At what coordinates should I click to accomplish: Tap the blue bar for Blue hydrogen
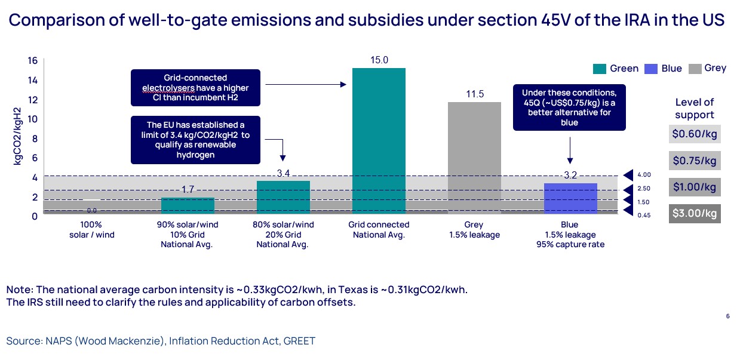click(570, 198)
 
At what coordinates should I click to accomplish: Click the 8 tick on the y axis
click(35, 139)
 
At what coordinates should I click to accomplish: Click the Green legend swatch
click(599, 69)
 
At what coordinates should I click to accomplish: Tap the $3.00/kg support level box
click(694, 213)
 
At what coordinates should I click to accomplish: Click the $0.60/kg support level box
click(694, 134)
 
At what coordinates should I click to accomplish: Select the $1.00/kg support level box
click(694, 187)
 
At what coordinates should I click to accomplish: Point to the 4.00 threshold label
click(644, 175)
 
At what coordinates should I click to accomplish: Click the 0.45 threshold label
click(644, 215)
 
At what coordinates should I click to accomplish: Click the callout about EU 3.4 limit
click(196, 140)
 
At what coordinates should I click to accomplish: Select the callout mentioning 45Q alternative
click(569, 107)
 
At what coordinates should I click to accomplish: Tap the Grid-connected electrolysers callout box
click(196, 87)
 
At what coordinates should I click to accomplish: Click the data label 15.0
click(379, 60)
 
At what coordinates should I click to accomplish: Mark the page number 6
click(727, 316)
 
